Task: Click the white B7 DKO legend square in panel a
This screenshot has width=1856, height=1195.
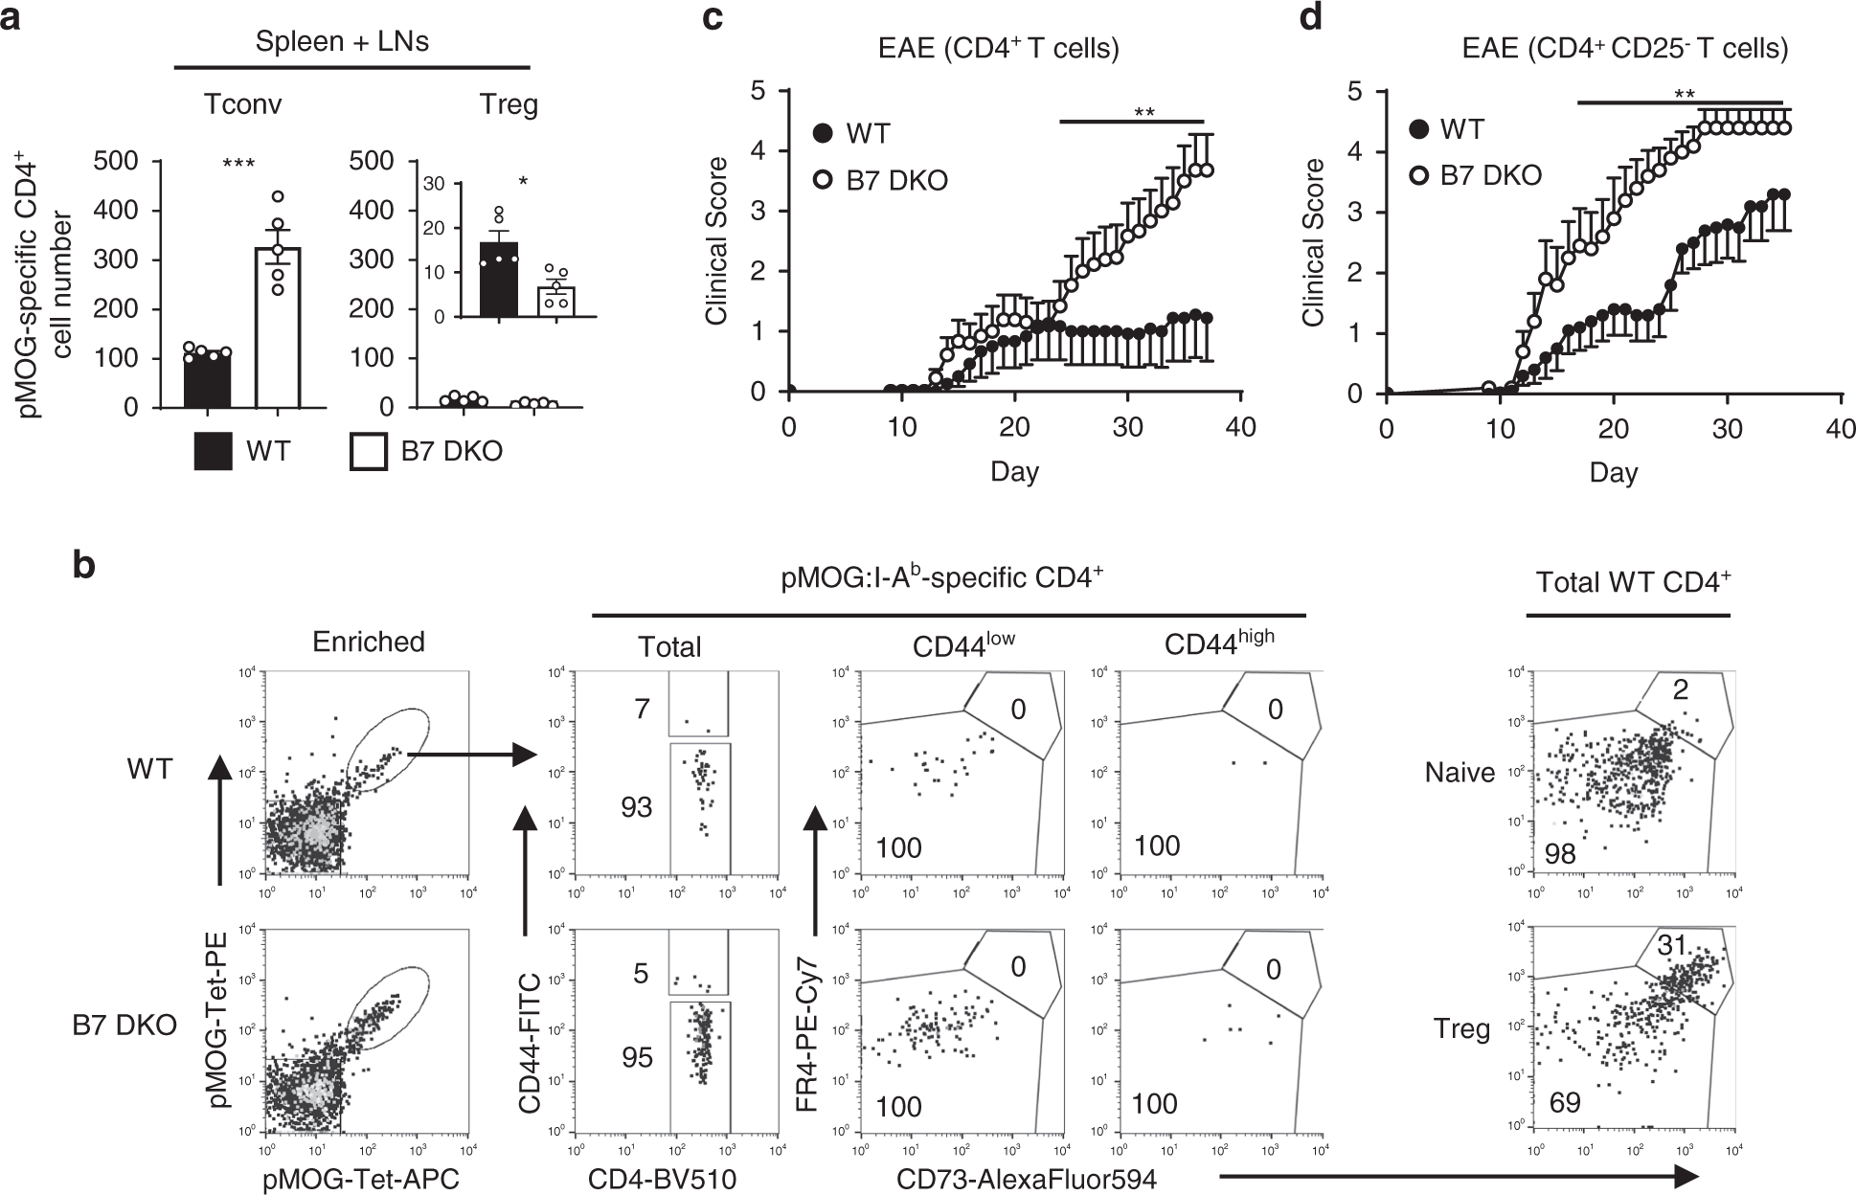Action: coord(369,452)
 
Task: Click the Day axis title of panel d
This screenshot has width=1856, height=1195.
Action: coord(1614,472)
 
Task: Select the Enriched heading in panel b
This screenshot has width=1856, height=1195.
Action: coord(369,642)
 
